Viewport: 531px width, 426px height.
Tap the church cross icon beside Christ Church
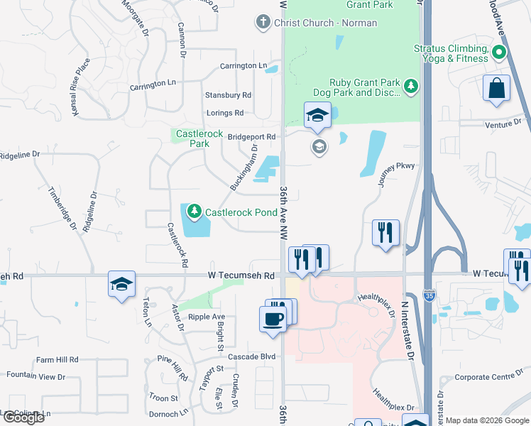[x=263, y=23]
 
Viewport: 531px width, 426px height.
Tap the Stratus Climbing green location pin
[x=498, y=51]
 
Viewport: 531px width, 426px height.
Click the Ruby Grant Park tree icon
[x=410, y=87]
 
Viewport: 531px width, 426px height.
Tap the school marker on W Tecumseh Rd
[x=122, y=284]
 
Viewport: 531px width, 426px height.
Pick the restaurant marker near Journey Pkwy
[x=385, y=232]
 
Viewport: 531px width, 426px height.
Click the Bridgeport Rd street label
[x=251, y=136]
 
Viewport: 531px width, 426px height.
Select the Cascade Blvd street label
[x=251, y=356]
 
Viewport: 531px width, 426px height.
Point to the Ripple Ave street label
[x=202, y=317]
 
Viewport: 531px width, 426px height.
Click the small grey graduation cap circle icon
[x=319, y=148]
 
